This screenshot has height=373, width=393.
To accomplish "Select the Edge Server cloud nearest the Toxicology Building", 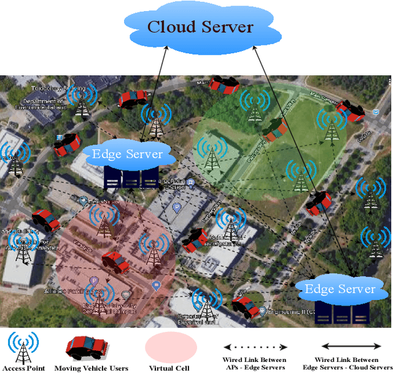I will pyautogui.click(x=126, y=153).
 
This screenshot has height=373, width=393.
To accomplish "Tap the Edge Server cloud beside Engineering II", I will pyautogui.click(x=340, y=289).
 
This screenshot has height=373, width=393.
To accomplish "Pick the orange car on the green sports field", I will pyautogui.click(x=274, y=128).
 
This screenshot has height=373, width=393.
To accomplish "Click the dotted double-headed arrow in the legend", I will pyautogui.click(x=254, y=347).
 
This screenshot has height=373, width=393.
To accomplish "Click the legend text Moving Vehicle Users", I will pyautogui.click(x=91, y=368).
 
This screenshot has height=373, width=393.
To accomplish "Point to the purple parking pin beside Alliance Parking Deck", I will pyautogui.click(x=94, y=280).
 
